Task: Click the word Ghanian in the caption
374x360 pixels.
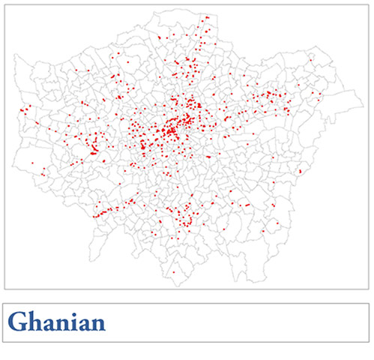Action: point(56,322)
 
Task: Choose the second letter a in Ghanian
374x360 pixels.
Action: point(84,324)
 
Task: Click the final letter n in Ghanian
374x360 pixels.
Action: point(97,324)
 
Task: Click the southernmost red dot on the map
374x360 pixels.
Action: point(174,271)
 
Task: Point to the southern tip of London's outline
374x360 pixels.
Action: point(177,286)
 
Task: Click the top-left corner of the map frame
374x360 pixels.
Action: point(4,4)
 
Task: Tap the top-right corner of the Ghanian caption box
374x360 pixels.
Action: point(370,304)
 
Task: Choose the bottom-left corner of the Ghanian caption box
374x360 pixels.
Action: point(4,342)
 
